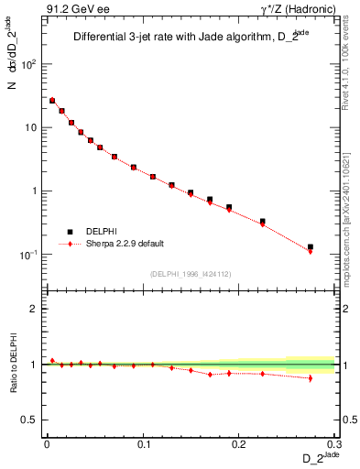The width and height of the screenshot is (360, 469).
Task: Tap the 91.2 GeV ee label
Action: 72,9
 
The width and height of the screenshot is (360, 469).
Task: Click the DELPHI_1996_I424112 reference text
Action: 191,274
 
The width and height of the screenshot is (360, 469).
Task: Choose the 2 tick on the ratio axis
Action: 35,309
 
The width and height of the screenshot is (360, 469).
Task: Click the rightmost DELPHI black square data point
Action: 311,246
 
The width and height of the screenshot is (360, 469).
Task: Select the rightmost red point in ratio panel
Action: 311,377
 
